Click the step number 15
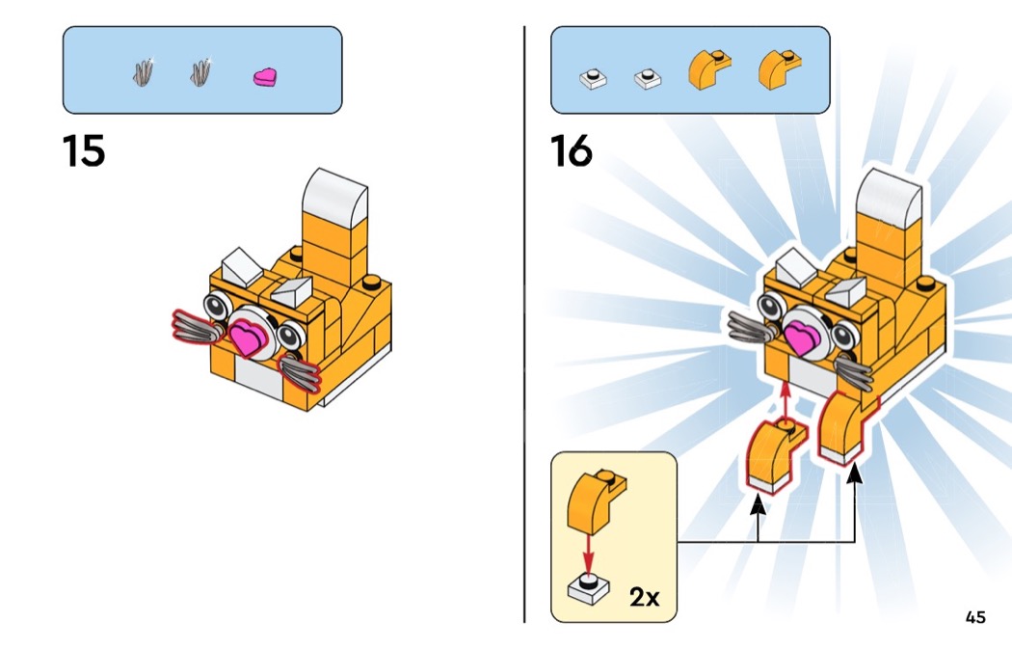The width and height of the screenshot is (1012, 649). (x=84, y=151)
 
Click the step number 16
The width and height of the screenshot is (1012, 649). (x=572, y=151)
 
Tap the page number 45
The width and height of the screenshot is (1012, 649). (x=974, y=617)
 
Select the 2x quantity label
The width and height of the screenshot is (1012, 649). (x=644, y=597)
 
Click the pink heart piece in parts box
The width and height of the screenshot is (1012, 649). (x=265, y=76)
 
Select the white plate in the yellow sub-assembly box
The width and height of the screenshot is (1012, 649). (x=587, y=587)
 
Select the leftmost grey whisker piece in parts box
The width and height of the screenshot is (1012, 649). (x=144, y=74)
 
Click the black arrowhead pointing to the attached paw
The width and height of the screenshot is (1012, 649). (x=855, y=477)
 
